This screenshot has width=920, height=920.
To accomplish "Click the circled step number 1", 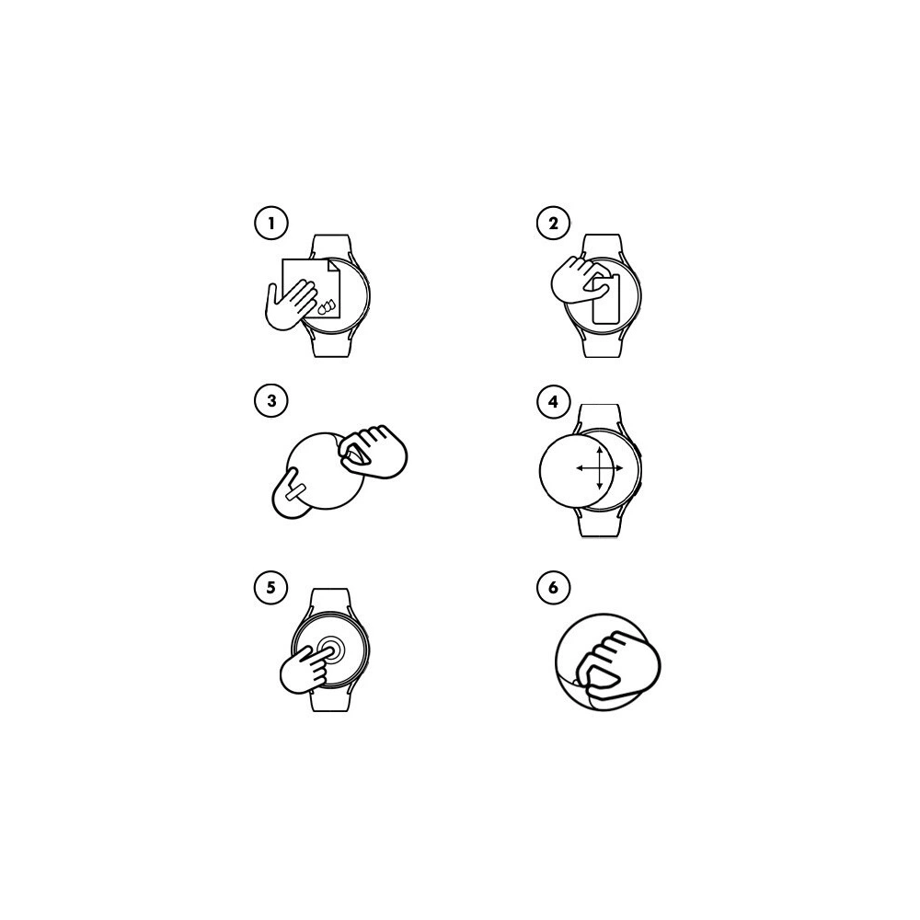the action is point(271,223).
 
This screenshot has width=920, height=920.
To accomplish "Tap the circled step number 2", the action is point(553,223).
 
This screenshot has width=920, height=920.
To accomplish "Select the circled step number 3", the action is point(271,401).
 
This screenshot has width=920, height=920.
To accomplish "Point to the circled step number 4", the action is point(553,402).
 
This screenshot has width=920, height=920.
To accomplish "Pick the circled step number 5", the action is point(271,587).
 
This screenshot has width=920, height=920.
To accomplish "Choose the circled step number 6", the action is point(553,587).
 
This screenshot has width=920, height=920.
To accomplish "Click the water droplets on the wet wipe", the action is point(327,306).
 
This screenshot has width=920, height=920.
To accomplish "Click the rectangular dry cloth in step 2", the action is point(605,299).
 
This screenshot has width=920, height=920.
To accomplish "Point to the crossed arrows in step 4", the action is point(599,468).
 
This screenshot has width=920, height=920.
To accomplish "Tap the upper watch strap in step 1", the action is point(330,247).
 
